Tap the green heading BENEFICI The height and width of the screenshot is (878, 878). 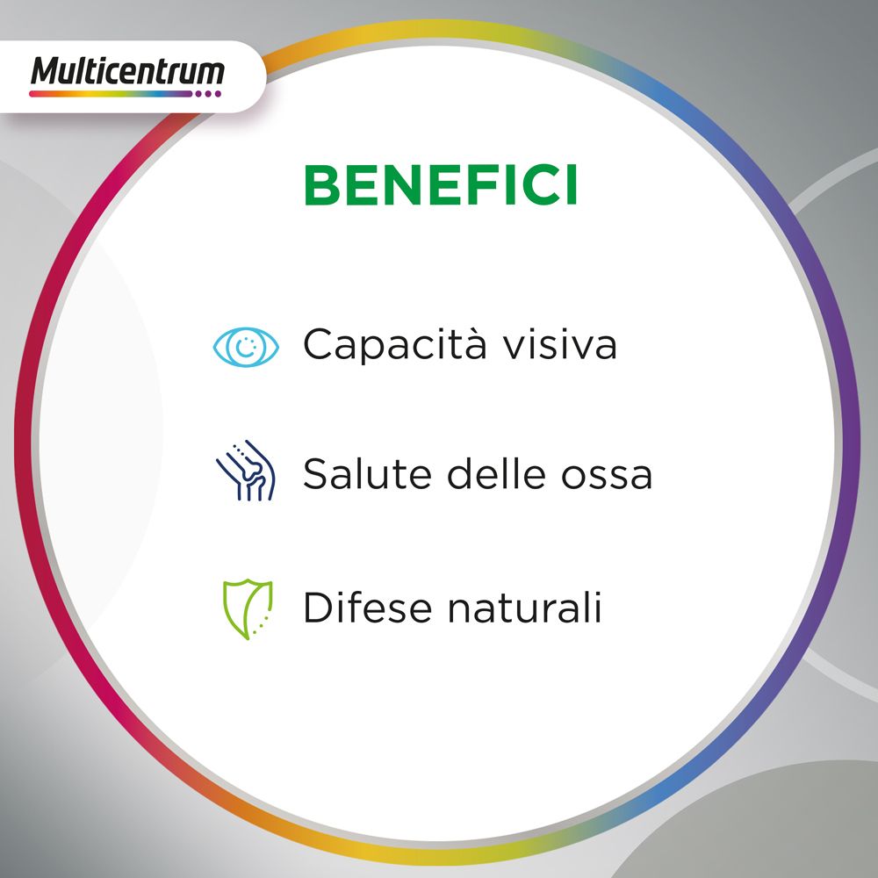[x=441, y=184]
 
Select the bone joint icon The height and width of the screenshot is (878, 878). [x=247, y=471]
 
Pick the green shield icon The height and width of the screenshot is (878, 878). [x=247, y=608]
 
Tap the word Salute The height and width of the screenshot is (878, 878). [x=368, y=475]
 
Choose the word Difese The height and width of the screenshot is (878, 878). [x=365, y=608]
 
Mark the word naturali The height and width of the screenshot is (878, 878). [x=524, y=608]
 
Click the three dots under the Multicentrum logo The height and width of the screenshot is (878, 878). [x=208, y=93]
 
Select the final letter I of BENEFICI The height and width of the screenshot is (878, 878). [x=571, y=184]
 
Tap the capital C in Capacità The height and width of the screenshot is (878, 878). [x=320, y=345]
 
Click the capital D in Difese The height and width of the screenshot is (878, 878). [x=317, y=608]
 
